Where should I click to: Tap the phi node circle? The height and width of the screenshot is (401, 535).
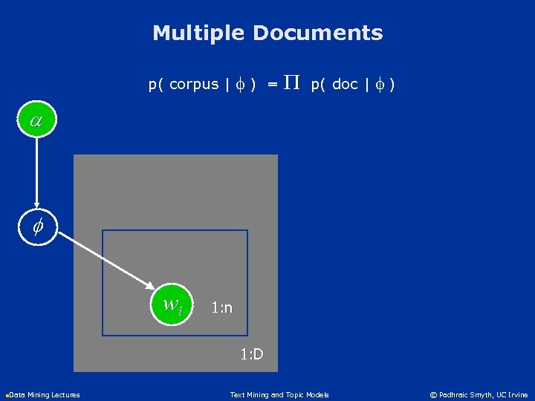point(36,225)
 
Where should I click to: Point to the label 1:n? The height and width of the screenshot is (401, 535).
point(221,307)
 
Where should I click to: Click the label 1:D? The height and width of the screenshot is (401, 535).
point(252,354)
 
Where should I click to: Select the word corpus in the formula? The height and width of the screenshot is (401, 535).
point(194,85)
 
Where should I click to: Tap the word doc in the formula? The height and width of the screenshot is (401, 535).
point(345,85)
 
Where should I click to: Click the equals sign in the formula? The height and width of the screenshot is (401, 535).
point(273,85)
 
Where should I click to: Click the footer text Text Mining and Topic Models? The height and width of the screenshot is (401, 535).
point(279,395)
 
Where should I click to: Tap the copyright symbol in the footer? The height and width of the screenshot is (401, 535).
point(435,395)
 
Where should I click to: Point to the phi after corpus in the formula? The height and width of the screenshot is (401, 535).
point(239,85)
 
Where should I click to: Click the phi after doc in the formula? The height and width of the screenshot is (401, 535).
point(379,85)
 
